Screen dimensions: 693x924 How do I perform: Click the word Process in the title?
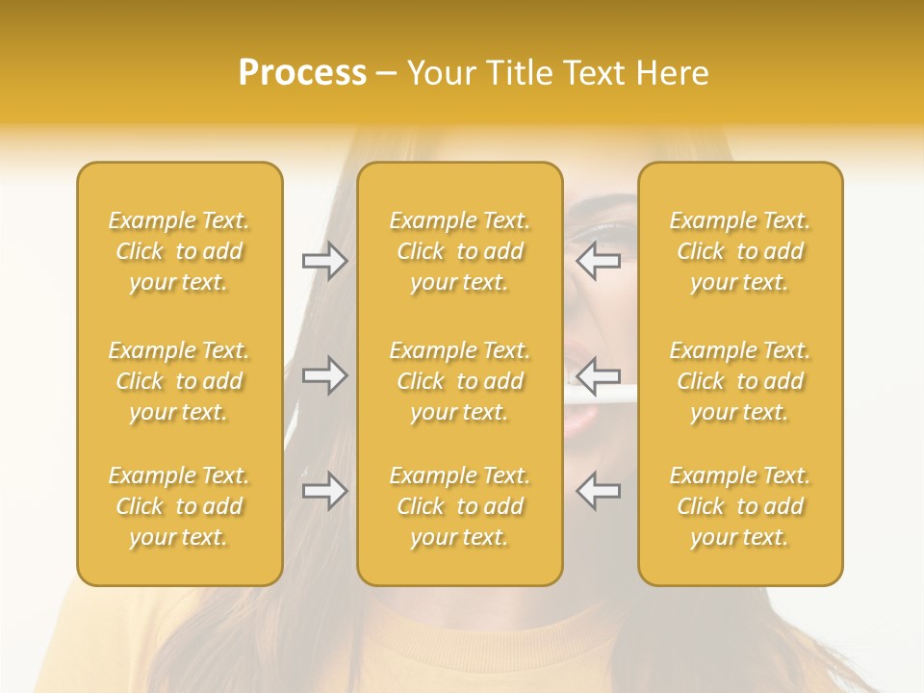(x=302, y=73)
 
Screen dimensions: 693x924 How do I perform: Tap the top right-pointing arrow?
(x=324, y=261)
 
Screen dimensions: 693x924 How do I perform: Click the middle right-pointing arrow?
(x=324, y=375)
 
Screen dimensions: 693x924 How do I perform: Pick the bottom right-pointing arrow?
(x=324, y=491)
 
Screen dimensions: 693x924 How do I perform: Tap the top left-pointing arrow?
(x=598, y=261)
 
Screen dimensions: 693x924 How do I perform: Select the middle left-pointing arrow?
(x=598, y=375)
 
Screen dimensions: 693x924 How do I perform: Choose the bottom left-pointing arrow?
(x=598, y=491)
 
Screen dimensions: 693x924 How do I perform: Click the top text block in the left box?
(x=179, y=251)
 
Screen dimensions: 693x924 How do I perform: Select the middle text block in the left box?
(x=179, y=381)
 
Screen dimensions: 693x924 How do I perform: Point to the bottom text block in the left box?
(x=179, y=506)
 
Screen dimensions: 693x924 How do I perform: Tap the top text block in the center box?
(x=460, y=251)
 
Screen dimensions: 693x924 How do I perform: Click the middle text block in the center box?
(x=460, y=381)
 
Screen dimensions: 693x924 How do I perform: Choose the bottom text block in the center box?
(x=460, y=506)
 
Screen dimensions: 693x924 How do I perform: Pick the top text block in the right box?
(x=740, y=251)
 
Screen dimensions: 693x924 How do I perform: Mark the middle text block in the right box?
(x=740, y=381)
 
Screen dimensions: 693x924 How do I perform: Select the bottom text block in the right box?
(x=740, y=506)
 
